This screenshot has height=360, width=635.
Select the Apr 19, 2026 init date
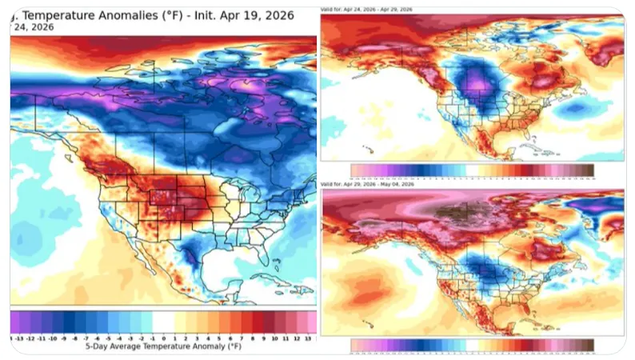[261, 15]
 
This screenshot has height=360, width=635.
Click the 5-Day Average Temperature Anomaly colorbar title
[163, 348]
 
